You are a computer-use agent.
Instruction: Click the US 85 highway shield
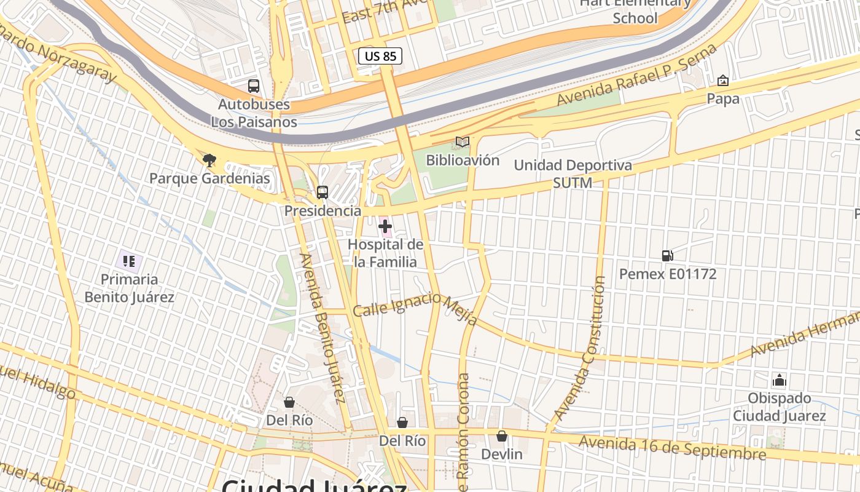coord(380,57)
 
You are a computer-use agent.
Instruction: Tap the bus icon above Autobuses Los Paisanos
coord(253,86)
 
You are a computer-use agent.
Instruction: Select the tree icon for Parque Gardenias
coord(209,161)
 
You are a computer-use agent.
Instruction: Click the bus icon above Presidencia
coord(322,192)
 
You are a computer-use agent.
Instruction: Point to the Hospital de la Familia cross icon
coord(385,228)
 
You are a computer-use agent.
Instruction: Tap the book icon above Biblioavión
coord(462,143)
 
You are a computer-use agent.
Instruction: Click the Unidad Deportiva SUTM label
coord(573,174)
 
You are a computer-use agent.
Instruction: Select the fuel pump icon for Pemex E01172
coord(667,256)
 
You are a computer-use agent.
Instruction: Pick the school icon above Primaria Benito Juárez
coord(129,262)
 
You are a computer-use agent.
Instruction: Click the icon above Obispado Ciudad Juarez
coord(780,380)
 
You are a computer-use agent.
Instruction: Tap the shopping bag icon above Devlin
coord(502,436)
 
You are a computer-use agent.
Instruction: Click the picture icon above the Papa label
coord(723,81)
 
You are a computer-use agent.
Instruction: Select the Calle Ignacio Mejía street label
coord(416,307)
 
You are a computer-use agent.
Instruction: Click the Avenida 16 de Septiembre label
coord(673,448)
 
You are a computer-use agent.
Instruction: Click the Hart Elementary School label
coord(635,10)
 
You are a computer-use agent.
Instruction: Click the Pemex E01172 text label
coord(668,274)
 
